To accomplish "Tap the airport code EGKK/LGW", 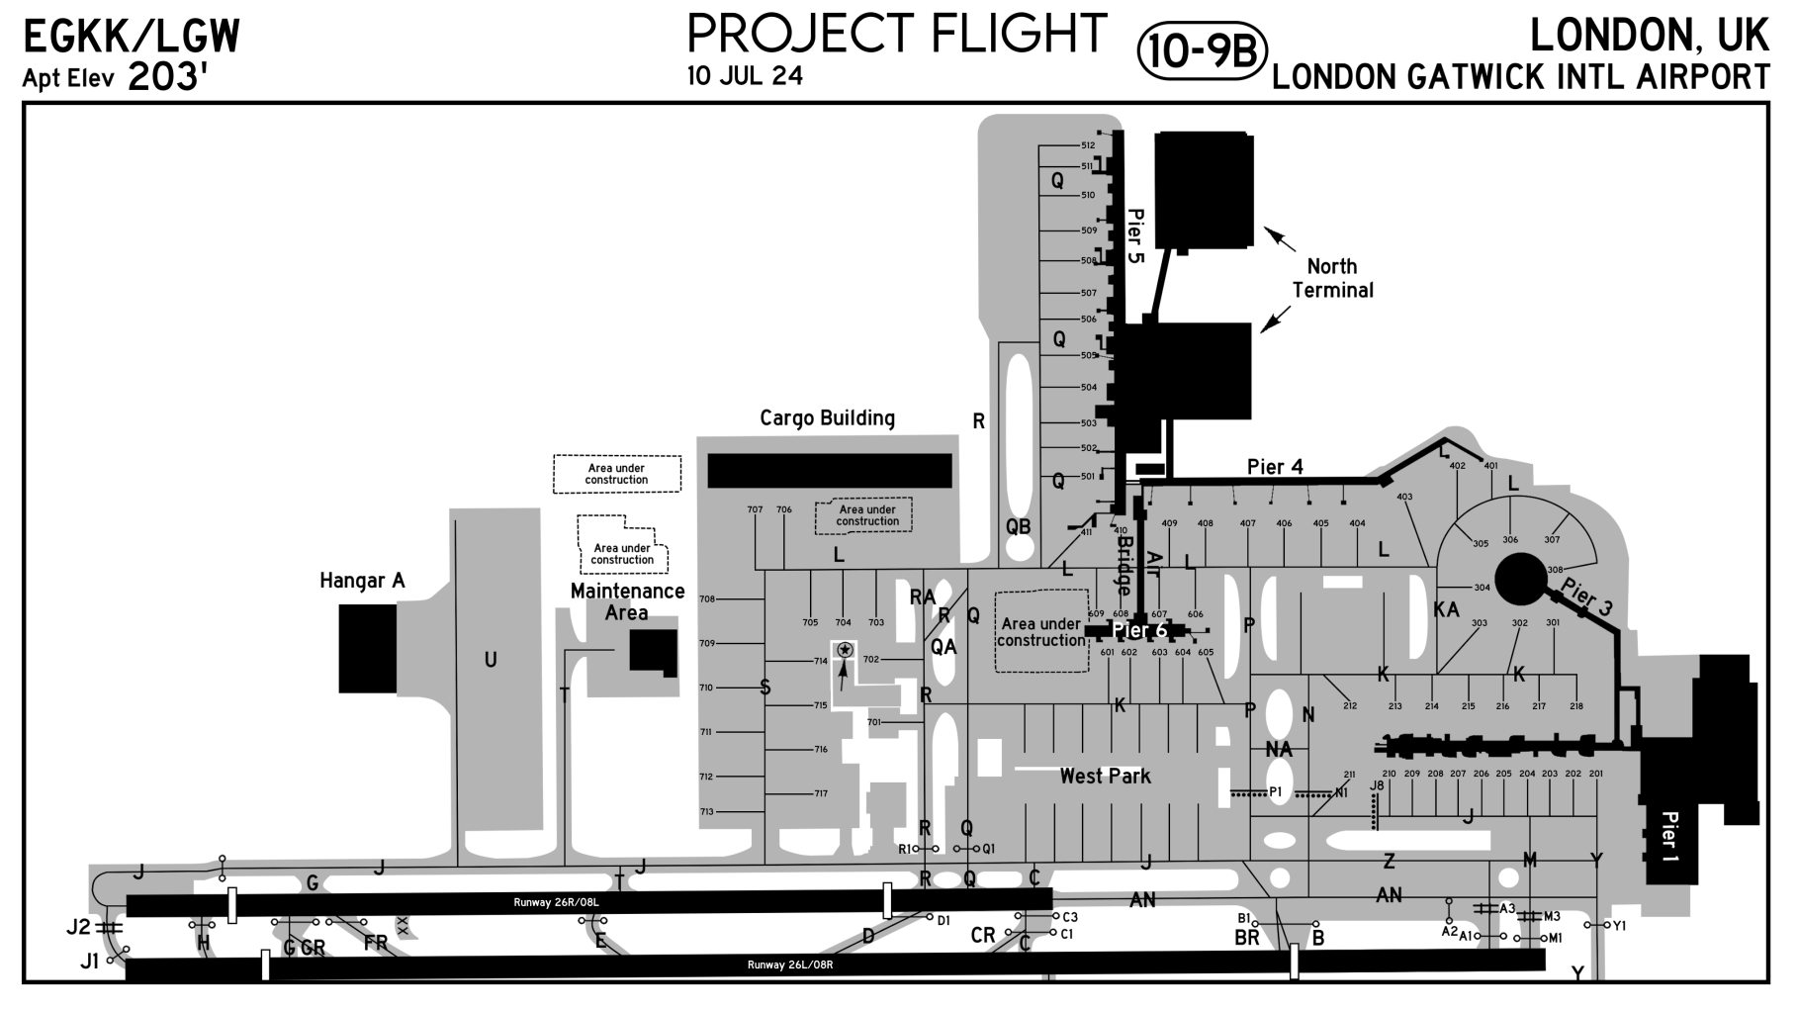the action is tap(131, 38).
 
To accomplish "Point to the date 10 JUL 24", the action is tap(745, 76).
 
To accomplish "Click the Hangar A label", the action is tap(362, 581).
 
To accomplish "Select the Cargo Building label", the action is tap(827, 418).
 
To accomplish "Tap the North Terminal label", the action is tap(1332, 278).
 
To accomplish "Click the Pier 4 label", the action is tap(1275, 467).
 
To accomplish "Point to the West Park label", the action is tap(1105, 777).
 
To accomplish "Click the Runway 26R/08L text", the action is tap(556, 902).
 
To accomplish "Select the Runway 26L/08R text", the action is tap(790, 965).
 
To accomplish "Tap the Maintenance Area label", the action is tap(627, 601).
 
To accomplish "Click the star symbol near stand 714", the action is tap(845, 650).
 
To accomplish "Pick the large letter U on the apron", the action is tap(491, 660).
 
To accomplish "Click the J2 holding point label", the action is tap(78, 927).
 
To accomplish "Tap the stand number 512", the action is tap(1087, 145).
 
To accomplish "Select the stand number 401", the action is tap(1490, 466).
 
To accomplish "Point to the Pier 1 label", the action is tap(1669, 836).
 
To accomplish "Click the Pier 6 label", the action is tap(1139, 631).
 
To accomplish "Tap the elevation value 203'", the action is tap(167, 78).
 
